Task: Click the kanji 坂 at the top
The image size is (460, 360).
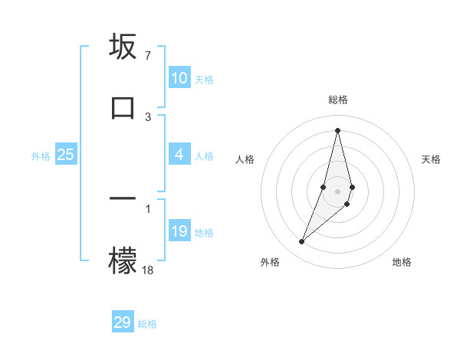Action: (123, 47)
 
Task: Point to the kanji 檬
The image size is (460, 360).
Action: (123, 260)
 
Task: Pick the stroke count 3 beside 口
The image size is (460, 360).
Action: (148, 116)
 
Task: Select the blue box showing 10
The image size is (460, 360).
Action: (179, 79)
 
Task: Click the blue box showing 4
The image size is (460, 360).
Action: (179, 155)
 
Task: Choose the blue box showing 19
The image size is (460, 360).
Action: (179, 231)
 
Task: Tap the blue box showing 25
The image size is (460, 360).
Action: (66, 155)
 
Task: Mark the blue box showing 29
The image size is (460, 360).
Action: (123, 322)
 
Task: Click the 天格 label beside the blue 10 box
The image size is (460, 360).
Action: (204, 80)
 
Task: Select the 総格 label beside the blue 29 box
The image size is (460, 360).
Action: (147, 323)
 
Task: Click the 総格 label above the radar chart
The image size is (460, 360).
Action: (338, 100)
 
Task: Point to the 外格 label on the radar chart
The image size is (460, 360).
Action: (270, 262)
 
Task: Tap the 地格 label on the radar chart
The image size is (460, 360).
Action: (402, 262)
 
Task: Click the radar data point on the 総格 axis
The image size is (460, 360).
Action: (338, 129)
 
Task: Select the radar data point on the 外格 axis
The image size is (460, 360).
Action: (302, 242)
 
